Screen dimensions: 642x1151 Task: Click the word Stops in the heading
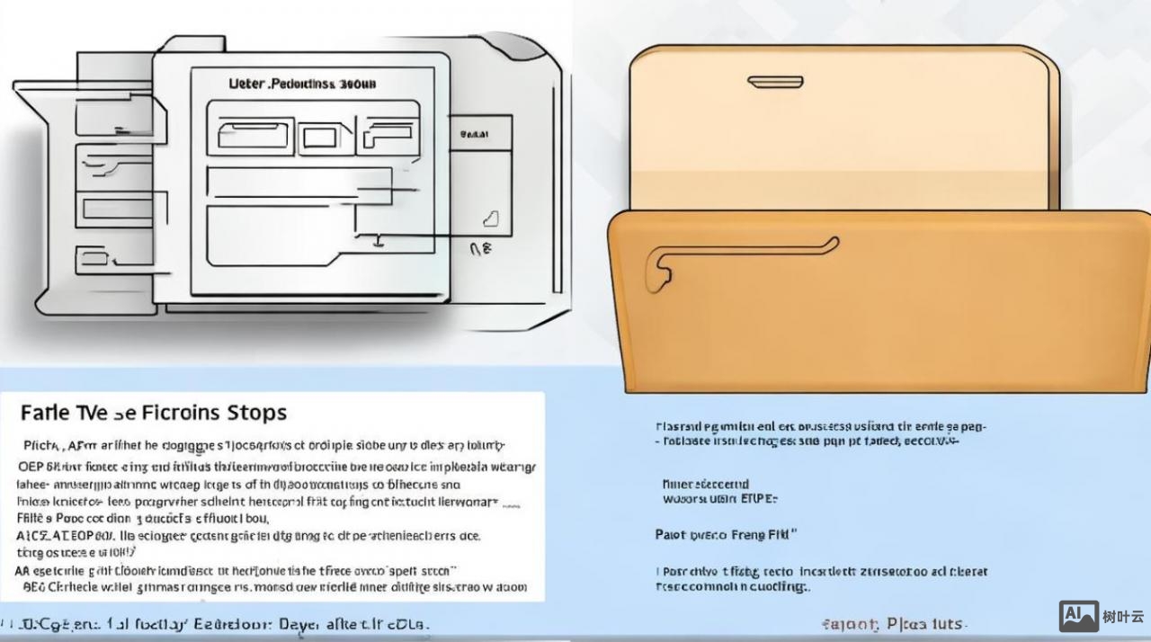pyautogui.click(x=257, y=413)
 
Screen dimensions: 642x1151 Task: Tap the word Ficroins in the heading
pyautogui.click(x=180, y=413)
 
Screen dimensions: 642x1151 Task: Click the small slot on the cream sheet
pyautogui.click(x=775, y=82)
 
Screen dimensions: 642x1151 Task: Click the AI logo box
pyautogui.click(x=1078, y=616)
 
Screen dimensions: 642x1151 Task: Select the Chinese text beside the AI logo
pyautogui.click(x=1123, y=617)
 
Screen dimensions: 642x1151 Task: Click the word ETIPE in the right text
pyautogui.click(x=759, y=497)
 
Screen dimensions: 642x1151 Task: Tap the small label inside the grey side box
pyautogui.click(x=474, y=134)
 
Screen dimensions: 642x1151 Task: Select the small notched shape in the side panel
pyautogui.click(x=489, y=218)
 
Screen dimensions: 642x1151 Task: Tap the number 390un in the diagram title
pyautogui.click(x=358, y=84)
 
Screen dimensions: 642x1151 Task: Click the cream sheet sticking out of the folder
pyautogui.click(x=841, y=126)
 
